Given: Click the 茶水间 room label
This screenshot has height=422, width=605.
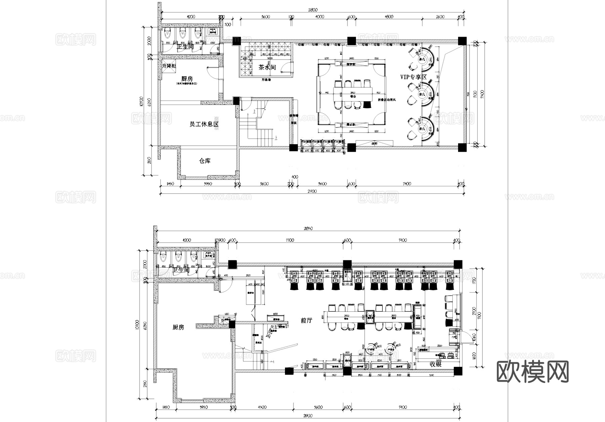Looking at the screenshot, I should pos(267,67).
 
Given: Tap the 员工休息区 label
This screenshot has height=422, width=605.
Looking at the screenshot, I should pos(204,124).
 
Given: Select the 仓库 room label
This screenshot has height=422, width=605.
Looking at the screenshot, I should pos(205,161).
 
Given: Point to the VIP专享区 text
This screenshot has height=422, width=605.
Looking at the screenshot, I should pos(413,77).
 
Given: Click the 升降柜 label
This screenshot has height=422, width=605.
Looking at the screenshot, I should pos(169,66).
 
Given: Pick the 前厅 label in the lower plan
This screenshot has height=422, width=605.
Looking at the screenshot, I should pos(306,320).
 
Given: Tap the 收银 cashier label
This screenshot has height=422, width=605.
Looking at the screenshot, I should pos(435,364).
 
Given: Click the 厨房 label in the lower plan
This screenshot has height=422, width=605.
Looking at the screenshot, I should pos(178,327).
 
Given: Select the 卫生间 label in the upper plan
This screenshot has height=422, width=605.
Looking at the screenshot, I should pos(185,47).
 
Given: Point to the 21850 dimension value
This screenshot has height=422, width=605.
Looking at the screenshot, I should pos(308,228).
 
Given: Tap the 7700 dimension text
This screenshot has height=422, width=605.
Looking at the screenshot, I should pos(289,240).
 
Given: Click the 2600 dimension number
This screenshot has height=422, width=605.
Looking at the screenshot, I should pos(440,17).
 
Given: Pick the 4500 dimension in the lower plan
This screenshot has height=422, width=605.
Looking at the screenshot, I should pos(262,407).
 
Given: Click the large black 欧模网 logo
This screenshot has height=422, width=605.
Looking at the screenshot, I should pos(532,372).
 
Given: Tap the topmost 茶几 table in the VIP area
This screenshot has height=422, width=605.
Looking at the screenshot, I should pos(422,60).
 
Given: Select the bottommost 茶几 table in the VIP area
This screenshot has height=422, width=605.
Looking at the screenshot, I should pos(422,129).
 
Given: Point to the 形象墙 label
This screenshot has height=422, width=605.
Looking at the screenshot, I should pos(266,80).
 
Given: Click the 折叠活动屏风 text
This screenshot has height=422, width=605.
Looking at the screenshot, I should pos(387,100).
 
